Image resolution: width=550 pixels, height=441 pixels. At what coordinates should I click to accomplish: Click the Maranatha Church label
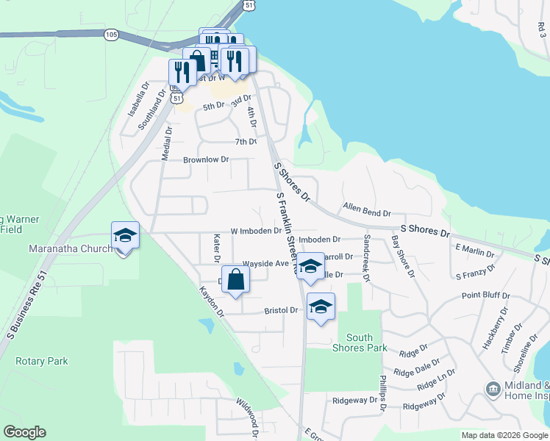(x=71, y=248)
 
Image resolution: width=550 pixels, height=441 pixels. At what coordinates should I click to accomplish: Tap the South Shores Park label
(x=359, y=343)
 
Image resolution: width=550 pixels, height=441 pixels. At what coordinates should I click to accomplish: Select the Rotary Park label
(x=43, y=361)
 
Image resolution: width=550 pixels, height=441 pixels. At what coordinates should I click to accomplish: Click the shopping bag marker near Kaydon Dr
(x=235, y=280)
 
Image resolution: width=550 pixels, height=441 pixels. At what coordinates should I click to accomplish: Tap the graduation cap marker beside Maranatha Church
(x=125, y=236)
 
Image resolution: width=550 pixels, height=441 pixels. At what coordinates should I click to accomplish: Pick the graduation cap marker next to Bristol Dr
(x=321, y=306)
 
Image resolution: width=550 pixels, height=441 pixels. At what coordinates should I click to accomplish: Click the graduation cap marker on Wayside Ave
(x=310, y=266)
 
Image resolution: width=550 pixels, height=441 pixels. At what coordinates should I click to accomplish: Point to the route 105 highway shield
(x=111, y=35)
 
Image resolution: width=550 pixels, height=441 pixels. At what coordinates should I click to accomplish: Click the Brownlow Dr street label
(x=206, y=159)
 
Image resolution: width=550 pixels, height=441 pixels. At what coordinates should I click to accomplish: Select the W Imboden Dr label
(x=256, y=230)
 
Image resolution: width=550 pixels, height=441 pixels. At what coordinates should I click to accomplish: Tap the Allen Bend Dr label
(x=366, y=212)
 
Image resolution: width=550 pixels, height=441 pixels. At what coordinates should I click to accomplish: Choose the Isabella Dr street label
(x=137, y=98)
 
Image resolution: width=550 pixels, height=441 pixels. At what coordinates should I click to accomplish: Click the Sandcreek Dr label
(x=366, y=258)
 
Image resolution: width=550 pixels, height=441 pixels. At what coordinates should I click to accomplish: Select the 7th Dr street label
(x=246, y=141)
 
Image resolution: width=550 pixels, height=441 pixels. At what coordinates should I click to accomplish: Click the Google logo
(x=24, y=433)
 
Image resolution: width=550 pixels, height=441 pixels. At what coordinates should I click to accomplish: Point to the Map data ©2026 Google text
(x=504, y=435)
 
